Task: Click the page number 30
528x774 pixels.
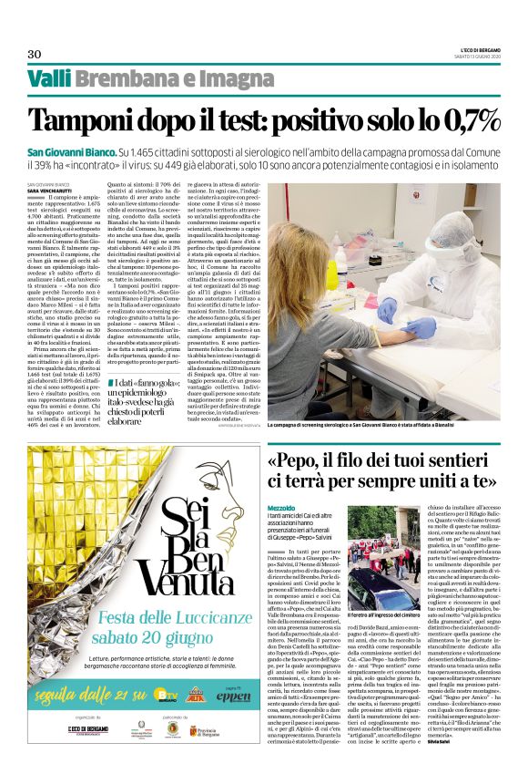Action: click(x=34, y=53)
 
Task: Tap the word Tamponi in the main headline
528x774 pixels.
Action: click(x=88, y=121)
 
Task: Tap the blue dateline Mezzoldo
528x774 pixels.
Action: click(x=283, y=504)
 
